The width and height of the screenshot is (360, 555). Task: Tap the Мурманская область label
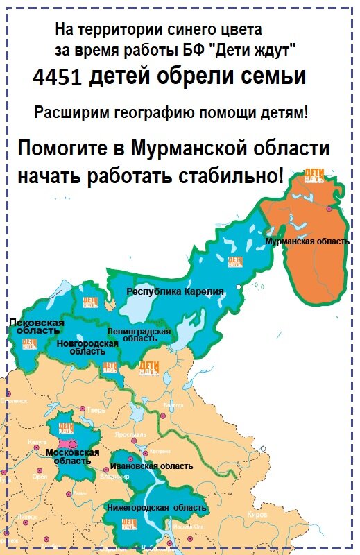pyautogui.click(x=307, y=241)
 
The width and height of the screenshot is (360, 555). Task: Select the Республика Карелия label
pyautogui.click(x=175, y=292)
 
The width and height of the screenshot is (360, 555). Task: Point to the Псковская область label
pyautogui.click(x=36, y=327)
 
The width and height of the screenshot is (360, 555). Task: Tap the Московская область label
pyautogui.click(x=72, y=456)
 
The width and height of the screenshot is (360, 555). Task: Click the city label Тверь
pyautogui.click(x=96, y=409)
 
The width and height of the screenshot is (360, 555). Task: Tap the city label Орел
pyautogui.click(x=40, y=477)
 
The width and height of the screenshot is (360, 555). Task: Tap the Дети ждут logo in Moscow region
pyautogui.click(x=66, y=429)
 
